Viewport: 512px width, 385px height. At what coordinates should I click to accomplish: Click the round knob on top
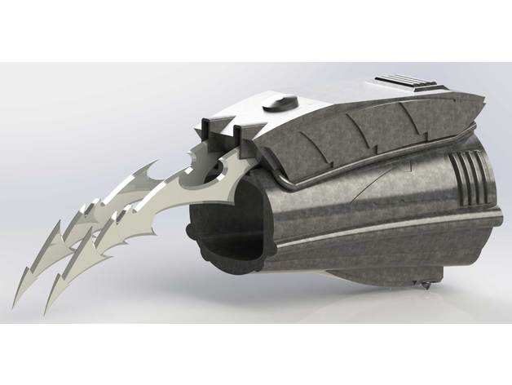[277, 104]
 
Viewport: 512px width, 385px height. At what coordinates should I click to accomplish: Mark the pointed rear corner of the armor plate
[487, 102]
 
